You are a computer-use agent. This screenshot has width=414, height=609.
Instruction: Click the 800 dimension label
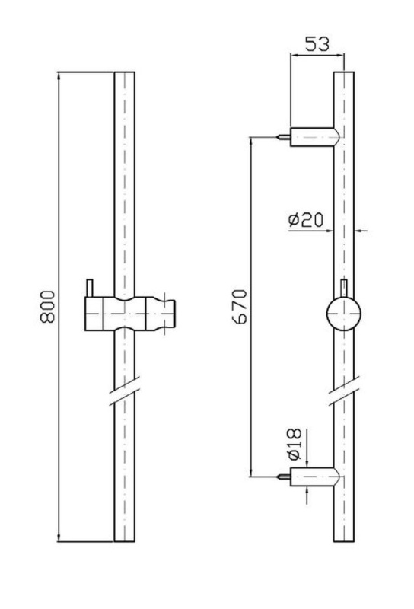click(x=48, y=307)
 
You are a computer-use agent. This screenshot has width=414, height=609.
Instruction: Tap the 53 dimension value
click(x=317, y=44)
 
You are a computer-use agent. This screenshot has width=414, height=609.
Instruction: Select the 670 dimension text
click(x=239, y=307)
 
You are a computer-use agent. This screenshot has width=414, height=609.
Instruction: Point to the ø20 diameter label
click(x=306, y=220)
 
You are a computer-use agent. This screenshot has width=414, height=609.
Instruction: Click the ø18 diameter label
click(x=295, y=444)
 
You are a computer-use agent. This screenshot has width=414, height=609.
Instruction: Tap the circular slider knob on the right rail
click(x=343, y=314)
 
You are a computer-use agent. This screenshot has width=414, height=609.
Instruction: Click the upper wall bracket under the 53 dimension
click(x=315, y=137)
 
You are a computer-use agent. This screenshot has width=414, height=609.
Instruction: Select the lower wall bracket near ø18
click(x=315, y=477)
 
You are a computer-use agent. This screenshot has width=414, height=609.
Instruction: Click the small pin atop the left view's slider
click(x=90, y=288)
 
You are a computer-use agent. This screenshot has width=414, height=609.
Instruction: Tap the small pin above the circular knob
click(x=343, y=288)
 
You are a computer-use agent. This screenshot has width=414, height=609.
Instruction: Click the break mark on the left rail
click(x=124, y=391)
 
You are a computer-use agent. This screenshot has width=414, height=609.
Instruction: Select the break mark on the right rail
click(x=344, y=391)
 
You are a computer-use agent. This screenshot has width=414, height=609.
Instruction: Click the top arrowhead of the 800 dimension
click(x=59, y=76)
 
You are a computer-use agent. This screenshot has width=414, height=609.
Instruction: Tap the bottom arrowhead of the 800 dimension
click(x=59, y=537)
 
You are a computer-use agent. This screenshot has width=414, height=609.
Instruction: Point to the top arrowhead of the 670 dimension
click(x=251, y=142)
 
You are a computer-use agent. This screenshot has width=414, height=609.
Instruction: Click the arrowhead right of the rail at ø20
click(x=359, y=231)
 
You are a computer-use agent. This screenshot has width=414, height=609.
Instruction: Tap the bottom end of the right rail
click(x=344, y=541)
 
